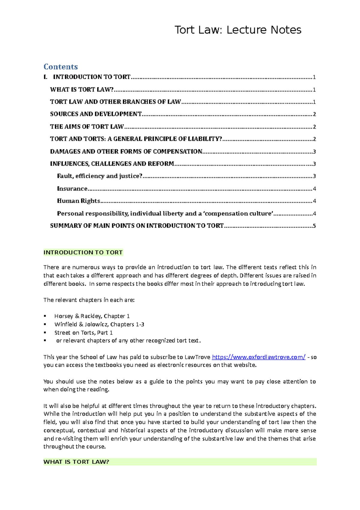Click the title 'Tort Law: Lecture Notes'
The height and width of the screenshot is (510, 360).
[x=238, y=30]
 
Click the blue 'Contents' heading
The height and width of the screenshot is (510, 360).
[x=61, y=67]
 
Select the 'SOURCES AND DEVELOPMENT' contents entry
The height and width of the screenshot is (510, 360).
[x=96, y=114]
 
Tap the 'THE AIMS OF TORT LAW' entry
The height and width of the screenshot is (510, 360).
[x=87, y=127]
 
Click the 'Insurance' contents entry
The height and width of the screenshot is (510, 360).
[x=72, y=189]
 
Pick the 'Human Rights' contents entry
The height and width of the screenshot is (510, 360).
[x=79, y=201]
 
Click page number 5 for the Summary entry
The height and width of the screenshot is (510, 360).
[x=314, y=226]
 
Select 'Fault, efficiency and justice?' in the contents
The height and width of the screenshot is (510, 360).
[x=100, y=176]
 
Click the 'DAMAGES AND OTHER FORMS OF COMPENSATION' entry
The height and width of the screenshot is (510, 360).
[x=126, y=151]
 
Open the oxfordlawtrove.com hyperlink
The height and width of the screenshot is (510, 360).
[x=259, y=357]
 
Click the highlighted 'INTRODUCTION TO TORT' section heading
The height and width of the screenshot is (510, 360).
[x=83, y=253]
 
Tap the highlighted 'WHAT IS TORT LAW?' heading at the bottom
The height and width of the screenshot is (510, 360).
[x=76, y=462]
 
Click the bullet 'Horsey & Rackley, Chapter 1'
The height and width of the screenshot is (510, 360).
[x=92, y=316]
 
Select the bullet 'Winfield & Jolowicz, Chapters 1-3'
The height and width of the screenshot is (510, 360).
[x=99, y=324]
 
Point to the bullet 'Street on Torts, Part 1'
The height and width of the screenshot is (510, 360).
[x=83, y=332]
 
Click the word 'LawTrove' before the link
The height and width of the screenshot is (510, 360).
[x=197, y=357]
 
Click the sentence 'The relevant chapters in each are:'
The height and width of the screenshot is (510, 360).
[x=89, y=300]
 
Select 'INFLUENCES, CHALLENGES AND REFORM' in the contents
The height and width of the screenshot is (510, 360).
[x=112, y=164]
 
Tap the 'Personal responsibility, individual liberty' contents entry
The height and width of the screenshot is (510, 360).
[x=165, y=214]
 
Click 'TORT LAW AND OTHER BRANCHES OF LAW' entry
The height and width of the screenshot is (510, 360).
[x=115, y=102]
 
